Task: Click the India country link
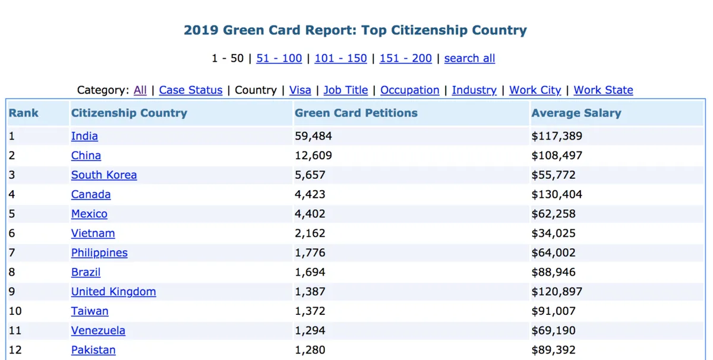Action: (x=84, y=136)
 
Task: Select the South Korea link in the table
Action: (x=104, y=175)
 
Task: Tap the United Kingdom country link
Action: (x=113, y=292)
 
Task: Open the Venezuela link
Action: (x=98, y=331)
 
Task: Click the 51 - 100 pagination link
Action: (x=279, y=58)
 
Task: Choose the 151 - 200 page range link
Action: (x=405, y=58)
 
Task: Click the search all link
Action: (x=469, y=58)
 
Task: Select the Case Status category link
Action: (x=191, y=90)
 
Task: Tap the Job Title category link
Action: (x=345, y=90)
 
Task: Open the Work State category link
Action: (x=603, y=90)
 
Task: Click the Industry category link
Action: (x=474, y=90)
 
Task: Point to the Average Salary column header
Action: (x=576, y=113)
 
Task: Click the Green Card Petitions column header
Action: (x=356, y=113)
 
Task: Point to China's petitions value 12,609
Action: (x=313, y=156)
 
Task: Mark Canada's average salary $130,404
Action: (x=557, y=194)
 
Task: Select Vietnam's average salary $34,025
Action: (x=553, y=233)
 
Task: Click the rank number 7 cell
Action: (x=12, y=253)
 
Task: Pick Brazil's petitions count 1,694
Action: (x=310, y=273)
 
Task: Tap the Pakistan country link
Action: (x=93, y=350)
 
